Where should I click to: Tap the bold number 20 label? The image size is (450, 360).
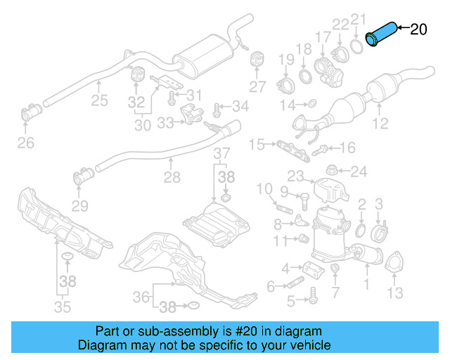coord(418,29)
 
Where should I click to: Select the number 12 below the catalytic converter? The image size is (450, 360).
coord(380,124)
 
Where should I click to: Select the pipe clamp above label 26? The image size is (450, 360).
coord(31,112)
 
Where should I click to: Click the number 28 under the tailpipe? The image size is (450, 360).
coord(172,179)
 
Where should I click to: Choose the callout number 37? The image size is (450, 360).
coord(221,153)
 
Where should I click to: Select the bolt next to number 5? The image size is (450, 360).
coord(309,301)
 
